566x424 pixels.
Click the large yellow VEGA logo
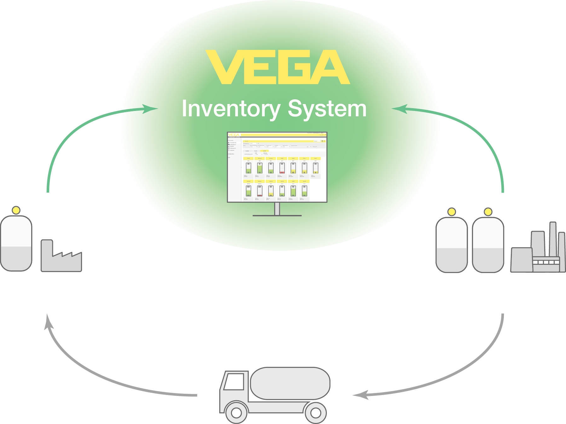click(x=277, y=67)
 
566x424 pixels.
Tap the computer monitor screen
click(x=277, y=167)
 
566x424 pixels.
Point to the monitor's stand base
click(x=277, y=216)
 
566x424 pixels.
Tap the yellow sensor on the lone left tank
click(x=16, y=210)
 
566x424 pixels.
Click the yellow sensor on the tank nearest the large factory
click(x=488, y=212)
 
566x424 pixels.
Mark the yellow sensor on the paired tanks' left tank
click(x=451, y=212)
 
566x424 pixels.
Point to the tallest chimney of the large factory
click(x=553, y=240)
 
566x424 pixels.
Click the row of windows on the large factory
click(x=546, y=262)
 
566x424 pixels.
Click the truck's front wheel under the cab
click(x=236, y=412)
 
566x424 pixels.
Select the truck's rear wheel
click(x=316, y=412)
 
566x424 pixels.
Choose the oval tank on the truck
click(x=290, y=383)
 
